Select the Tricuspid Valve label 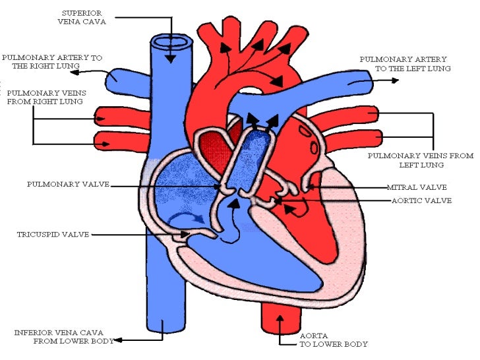[x=53, y=234]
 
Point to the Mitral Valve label [x=417, y=187]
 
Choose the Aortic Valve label [x=421, y=200]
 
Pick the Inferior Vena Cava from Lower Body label [x=64, y=336]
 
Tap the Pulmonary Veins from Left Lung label [x=421, y=160]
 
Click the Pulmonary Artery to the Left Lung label [x=403, y=64]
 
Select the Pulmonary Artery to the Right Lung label [x=52, y=62]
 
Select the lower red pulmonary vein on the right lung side [x=109, y=139]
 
